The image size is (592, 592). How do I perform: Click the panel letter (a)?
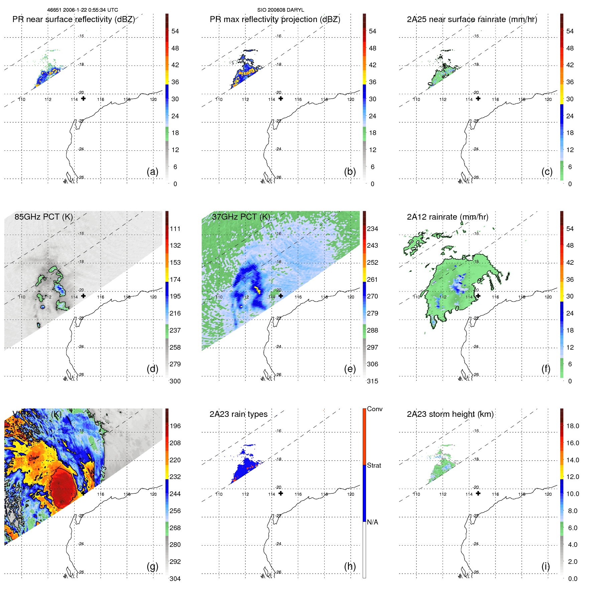click(152, 172)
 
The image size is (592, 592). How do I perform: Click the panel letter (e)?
click(350, 369)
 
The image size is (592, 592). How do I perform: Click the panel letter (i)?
click(546, 567)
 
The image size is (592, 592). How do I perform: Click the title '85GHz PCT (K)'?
click(43, 217)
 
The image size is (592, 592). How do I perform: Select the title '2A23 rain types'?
click(238, 414)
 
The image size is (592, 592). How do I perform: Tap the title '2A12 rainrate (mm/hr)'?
click(447, 217)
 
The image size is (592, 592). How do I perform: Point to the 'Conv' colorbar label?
click(374, 409)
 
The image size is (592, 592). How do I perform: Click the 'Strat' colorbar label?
click(374, 465)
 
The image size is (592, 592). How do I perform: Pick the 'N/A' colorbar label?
click(372, 522)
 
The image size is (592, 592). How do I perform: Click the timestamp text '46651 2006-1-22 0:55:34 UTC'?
click(82, 10)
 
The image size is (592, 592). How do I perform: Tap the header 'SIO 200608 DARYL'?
click(280, 10)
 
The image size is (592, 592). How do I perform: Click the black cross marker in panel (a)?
click(83, 99)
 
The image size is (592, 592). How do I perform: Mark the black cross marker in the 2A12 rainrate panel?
click(478, 296)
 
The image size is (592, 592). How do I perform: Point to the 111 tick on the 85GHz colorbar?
click(175, 229)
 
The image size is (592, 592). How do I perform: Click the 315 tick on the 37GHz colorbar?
click(372, 381)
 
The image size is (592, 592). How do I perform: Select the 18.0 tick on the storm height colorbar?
click(572, 426)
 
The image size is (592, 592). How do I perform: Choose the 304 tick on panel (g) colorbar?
click(175, 579)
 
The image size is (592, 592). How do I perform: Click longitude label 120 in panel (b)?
click(350, 99)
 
